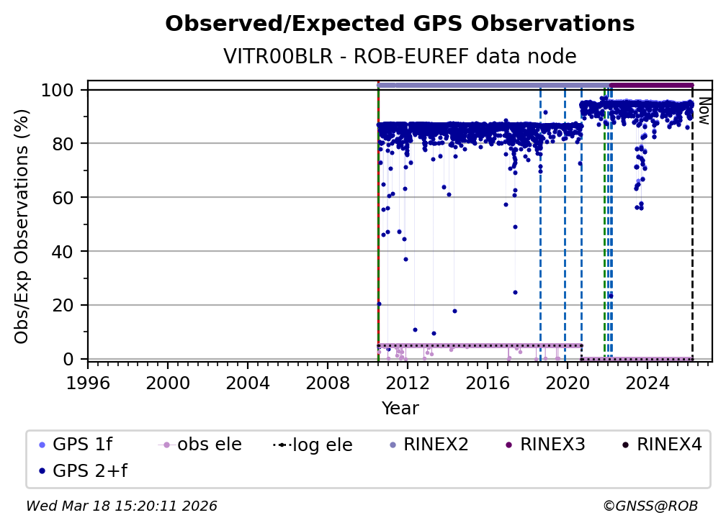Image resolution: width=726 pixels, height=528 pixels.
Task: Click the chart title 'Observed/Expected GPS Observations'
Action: pyautogui.click(x=400, y=24)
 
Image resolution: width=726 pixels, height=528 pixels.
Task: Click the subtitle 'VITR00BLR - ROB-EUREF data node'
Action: pyautogui.click(x=400, y=57)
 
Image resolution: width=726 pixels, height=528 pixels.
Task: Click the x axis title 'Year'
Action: pyautogui.click(x=400, y=409)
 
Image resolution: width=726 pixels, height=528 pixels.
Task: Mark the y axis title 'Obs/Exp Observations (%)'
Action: pyautogui.click(x=22, y=226)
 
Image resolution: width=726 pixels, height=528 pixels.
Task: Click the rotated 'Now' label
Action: pyautogui.click(x=704, y=111)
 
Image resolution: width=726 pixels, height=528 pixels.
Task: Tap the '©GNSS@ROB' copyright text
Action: pyautogui.click(x=650, y=506)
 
